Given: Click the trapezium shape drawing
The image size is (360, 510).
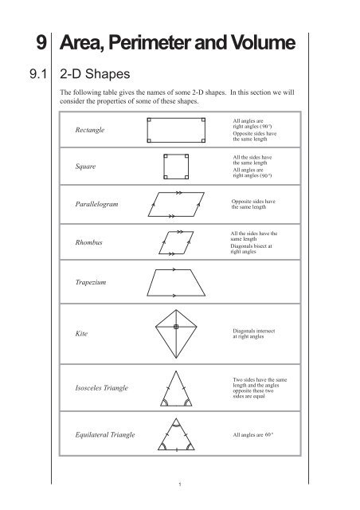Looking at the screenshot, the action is tap(178, 282).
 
